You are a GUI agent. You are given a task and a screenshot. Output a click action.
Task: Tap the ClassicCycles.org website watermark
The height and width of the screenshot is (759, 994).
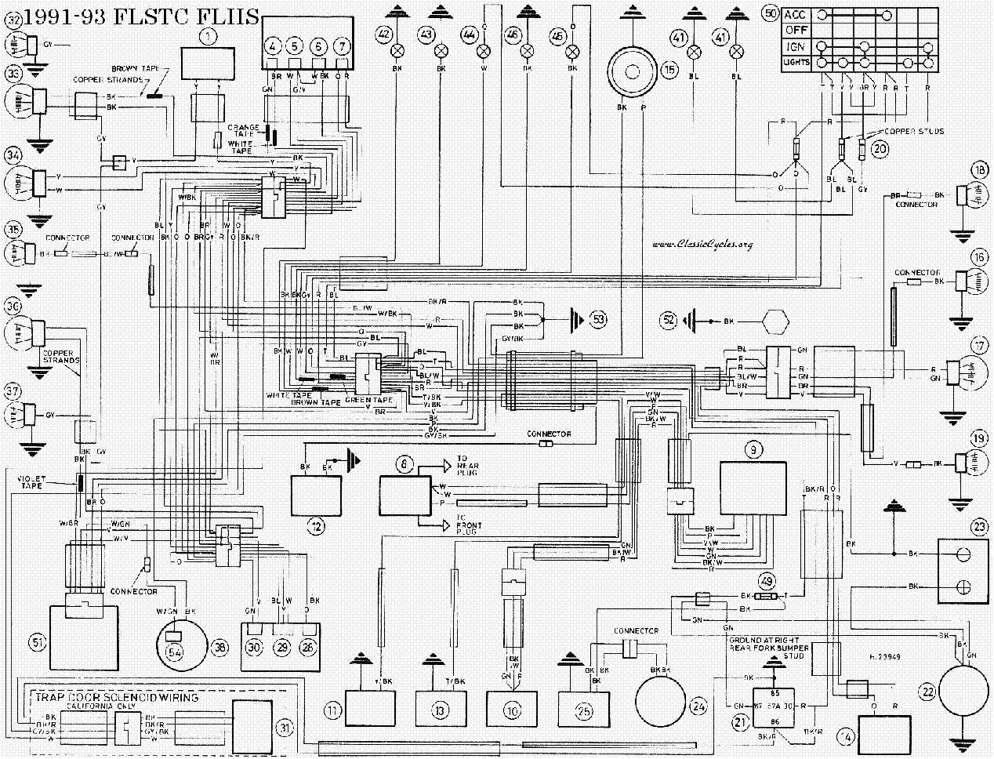pos(702,244)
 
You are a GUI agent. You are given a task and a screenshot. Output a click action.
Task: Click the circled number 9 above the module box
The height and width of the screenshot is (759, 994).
pos(753,449)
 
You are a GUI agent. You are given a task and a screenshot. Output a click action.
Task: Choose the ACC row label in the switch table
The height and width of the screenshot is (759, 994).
pos(795,14)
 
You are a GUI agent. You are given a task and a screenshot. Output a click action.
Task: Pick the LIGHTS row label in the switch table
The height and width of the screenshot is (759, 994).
pos(796,62)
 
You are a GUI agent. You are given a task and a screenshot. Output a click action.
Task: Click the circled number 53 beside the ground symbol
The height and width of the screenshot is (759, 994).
pos(598,320)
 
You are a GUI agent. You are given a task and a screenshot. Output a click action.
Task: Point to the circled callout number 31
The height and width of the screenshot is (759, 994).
pos(285,727)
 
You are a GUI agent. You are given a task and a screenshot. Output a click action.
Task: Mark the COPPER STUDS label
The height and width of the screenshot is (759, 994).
pos(914,131)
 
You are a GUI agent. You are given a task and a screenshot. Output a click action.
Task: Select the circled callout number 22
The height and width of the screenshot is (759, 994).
pos(928,692)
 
